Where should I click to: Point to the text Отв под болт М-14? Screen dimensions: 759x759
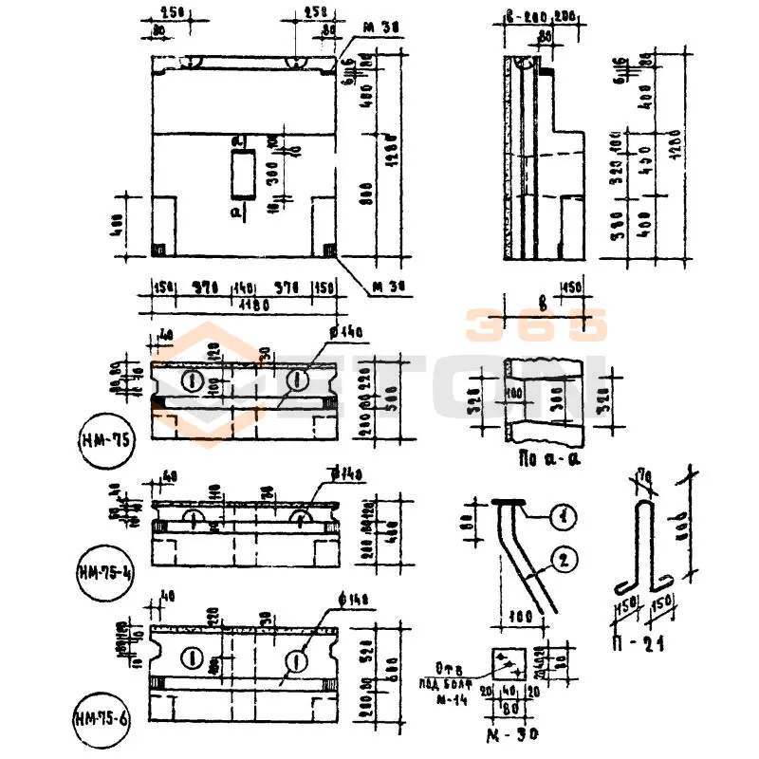pyautogui.click(x=447, y=683)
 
